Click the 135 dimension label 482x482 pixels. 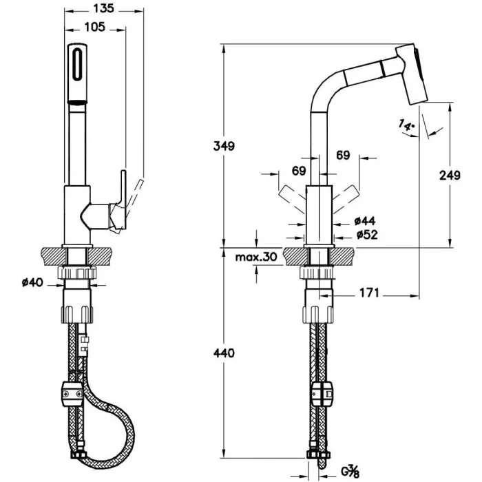(103, 8)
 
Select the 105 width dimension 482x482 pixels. (95, 27)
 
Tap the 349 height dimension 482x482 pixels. (224, 146)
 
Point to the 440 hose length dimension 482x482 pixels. (224, 353)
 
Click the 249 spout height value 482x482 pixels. (450, 175)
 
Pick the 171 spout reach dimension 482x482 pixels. (369, 293)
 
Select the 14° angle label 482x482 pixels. (406, 125)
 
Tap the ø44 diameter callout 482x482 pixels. (365, 221)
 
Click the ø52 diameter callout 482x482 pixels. (367, 235)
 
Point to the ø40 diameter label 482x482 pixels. (32, 282)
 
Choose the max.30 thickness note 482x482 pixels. (256, 257)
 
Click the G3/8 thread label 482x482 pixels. (350, 472)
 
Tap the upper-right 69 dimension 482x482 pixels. (343, 155)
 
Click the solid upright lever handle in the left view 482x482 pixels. (123, 200)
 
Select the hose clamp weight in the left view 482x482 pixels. (73, 394)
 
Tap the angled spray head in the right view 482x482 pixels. (411, 74)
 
